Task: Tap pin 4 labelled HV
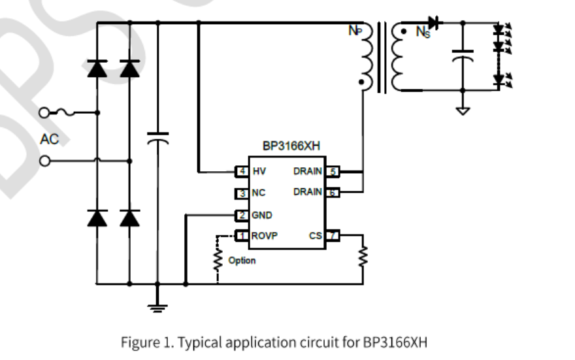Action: pos(242,171)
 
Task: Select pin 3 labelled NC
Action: pos(242,193)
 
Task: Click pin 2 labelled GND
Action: pos(242,214)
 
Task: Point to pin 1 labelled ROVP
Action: pos(242,236)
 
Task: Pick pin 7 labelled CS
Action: pos(332,235)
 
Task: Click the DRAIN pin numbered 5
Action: pos(332,171)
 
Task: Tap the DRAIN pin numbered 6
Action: pos(332,192)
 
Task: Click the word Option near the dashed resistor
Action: pos(242,261)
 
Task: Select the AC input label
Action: pos(50,139)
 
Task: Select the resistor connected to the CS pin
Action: pos(363,257)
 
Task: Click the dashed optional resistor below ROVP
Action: pos(217,259)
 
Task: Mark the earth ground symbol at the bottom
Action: pos(157,305)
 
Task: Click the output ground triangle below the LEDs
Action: pos(463,110)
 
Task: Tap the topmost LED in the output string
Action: pos(500,30)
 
